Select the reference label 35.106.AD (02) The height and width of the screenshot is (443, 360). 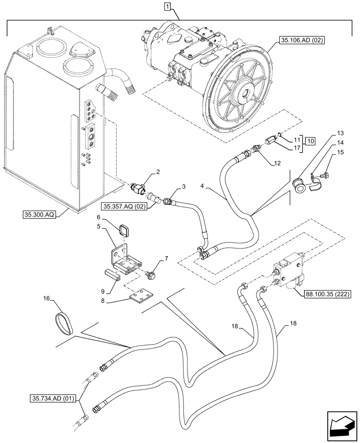tap(302, 40)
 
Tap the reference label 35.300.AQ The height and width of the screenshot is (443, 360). tap(39, 215)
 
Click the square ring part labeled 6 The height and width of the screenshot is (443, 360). tap(123, 231)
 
